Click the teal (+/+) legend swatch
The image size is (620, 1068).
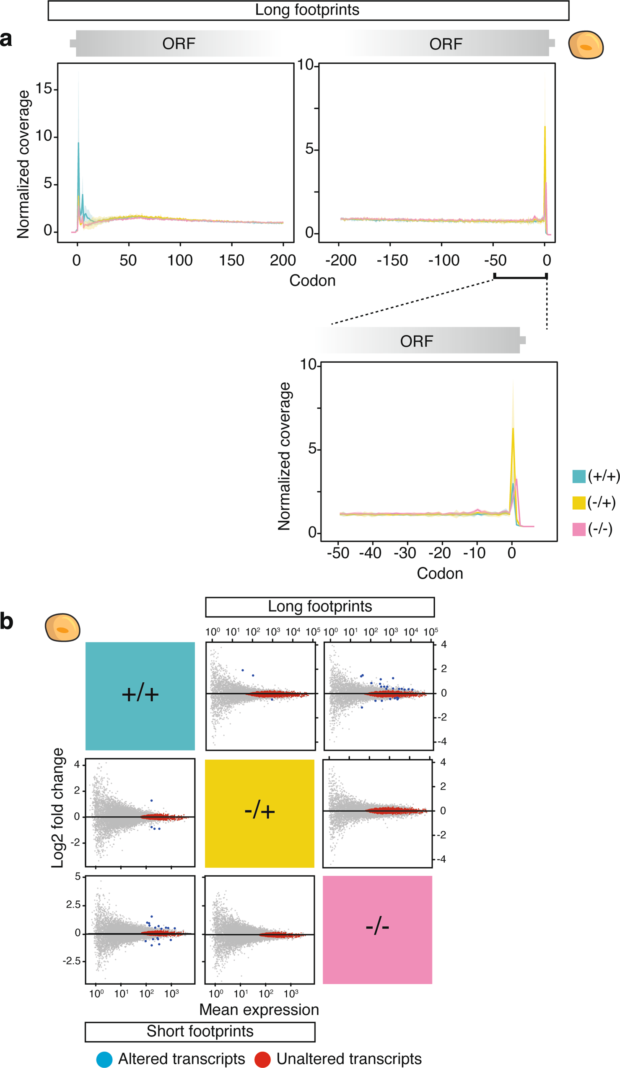[579, 476]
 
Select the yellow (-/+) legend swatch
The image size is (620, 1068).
[579, 503]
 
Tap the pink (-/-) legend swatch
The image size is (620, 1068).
[579, 529]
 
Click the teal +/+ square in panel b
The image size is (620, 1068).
[140, 696]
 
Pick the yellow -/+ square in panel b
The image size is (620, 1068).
[259, 813]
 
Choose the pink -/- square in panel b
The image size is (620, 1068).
[377, 929]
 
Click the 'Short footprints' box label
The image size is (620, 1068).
[200, 1031]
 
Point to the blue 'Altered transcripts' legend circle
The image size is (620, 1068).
[104, 1059]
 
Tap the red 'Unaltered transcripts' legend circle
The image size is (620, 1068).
[262, 1059]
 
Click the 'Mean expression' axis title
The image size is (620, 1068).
[259, 1009]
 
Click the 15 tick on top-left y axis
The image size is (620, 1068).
[44, 88]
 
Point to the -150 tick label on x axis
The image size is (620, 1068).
[392, 260]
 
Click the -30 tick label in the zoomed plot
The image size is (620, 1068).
[405, 553]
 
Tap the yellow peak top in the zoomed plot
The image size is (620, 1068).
[513, 428]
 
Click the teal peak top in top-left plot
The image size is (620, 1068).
[78, 143]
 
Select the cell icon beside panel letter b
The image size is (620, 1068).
[62, 627]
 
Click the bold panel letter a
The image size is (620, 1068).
[6, 39]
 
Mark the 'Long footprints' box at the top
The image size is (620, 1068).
[308, 10]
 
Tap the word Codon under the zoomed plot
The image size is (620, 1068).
[440, 573]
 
